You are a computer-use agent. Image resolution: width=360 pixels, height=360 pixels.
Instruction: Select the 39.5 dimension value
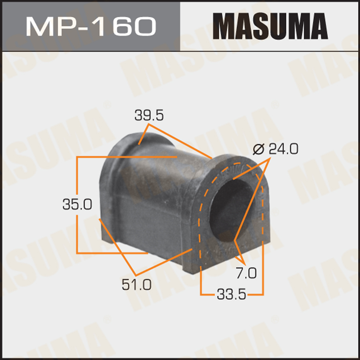[x=149, y=116]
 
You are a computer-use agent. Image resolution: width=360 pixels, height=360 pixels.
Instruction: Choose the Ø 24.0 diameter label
[x=275, y=149]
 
